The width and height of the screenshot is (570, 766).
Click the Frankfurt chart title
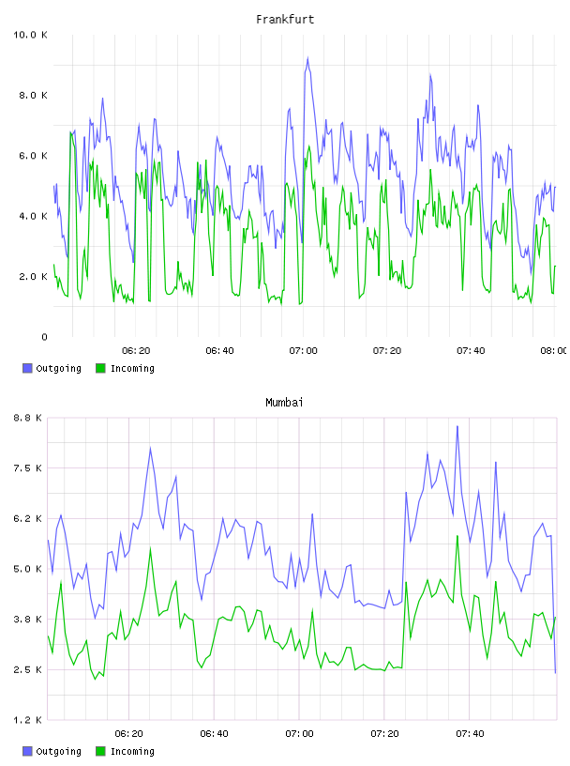tap(285, 20)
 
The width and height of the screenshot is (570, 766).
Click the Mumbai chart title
tap(284, 403)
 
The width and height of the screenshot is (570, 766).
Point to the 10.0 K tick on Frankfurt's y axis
tap(30, 35)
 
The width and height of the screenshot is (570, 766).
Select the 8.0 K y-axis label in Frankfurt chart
tap(33, 95)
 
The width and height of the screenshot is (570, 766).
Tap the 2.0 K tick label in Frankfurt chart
tap(33, 277)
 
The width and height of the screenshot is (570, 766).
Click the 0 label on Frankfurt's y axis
tap(44, 337)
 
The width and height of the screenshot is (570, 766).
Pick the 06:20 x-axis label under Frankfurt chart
tap(136, 351)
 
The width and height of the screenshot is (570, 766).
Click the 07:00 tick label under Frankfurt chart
tap(303, 351)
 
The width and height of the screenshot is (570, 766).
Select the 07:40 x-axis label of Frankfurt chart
tap(471, 351)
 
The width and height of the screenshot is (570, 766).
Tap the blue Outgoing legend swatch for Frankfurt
tap(27, 368)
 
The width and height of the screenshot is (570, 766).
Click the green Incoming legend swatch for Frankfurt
tap(100, 368)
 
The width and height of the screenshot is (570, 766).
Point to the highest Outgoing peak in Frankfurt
tap(307, 57)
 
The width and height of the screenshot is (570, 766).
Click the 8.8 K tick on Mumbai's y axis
tap(28, 418)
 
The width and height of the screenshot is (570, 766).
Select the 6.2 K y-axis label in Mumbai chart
tap(28, 518)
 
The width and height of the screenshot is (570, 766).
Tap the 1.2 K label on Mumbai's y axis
tap(28, 720)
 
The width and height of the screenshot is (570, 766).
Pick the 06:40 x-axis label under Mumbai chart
tap(214, 734)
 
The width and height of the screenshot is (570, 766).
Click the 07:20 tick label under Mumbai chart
tap(384, 734)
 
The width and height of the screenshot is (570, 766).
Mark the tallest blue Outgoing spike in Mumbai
tap(457, 426)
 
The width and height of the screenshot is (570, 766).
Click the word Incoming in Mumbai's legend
tap(132, 751)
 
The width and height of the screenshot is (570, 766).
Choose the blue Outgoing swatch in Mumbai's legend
tap(27, 751)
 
